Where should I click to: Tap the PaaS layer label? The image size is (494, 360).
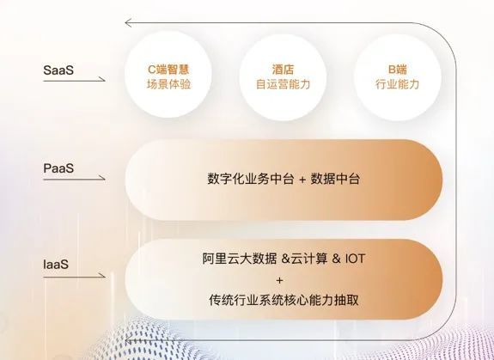[59, 168]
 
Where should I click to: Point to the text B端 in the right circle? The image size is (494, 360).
[395, 67]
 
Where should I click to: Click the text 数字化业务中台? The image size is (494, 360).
[245, 180]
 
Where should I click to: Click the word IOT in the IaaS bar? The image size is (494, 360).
[354, 259]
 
